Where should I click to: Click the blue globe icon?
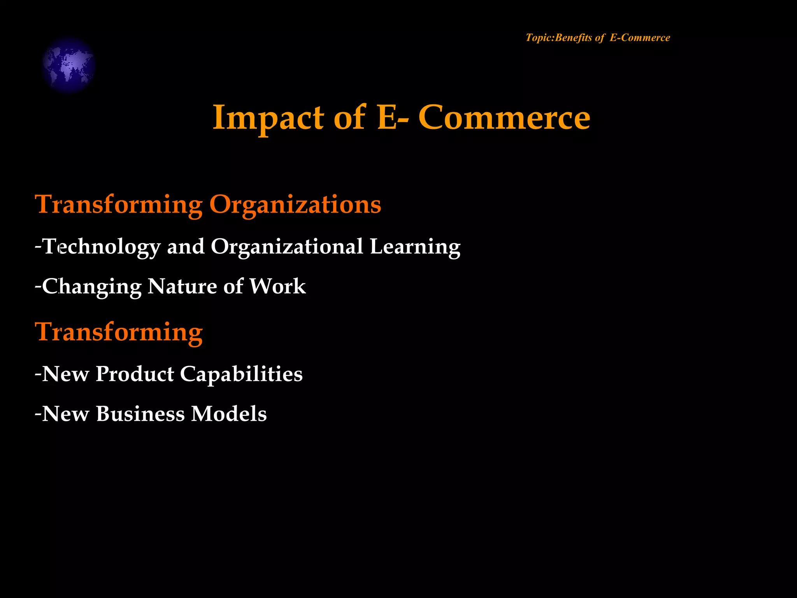tap(68, 65)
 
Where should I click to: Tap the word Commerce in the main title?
tap(504, 118)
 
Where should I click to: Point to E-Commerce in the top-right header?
tap(640, 38)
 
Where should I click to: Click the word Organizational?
tap(287, 247)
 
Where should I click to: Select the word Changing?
tap(92, 287)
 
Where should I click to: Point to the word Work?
tap(277, 287)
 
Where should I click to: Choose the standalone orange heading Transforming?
tap(119, 332)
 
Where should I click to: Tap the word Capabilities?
tap(241, 374)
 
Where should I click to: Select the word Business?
tap(140, 414)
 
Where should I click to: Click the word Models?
tap(229, 414)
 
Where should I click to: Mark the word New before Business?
tap(65, 414)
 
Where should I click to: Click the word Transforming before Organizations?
tap(119, 204)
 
